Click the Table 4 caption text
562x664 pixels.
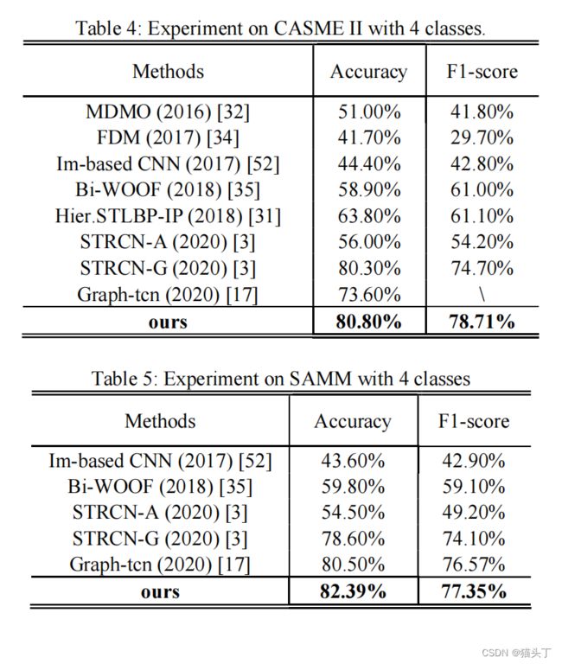point(280,29)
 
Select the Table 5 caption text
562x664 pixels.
point(281,378)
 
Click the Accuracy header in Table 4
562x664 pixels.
point(369,72)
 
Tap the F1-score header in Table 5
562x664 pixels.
point(474,421)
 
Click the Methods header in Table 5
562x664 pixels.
point(161,421)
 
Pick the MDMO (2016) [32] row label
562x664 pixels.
point(168,112)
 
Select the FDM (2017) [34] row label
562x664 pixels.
point(168,138)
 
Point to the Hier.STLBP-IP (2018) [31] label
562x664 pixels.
point(168,216)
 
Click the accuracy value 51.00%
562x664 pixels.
point(369,112)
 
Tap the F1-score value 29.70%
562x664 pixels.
point(482,138)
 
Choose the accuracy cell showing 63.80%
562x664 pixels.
point(369,216)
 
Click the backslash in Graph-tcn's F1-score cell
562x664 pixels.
point(482,295)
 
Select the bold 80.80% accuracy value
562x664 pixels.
point(369,322)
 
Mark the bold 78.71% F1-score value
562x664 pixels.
point(482,322)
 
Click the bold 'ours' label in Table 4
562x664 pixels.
point(168,322)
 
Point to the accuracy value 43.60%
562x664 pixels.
point(353,461)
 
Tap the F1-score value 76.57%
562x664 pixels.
point(474,565)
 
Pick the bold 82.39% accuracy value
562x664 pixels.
point(353,591)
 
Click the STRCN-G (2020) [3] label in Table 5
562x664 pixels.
point(160,539)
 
